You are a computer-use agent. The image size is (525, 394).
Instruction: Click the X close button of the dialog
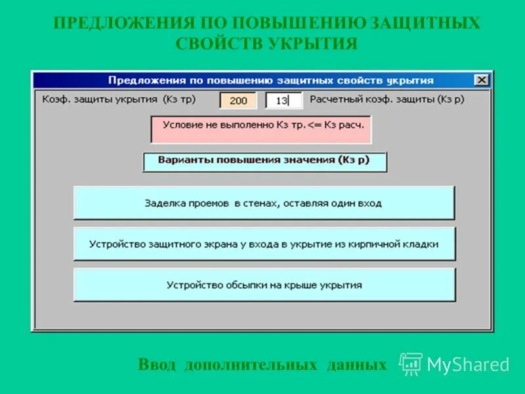point(482,80)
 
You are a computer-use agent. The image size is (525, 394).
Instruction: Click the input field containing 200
point(238,100)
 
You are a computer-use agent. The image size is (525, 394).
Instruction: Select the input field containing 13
point(283,100)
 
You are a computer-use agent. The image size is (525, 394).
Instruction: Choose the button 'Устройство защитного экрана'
point(264,244)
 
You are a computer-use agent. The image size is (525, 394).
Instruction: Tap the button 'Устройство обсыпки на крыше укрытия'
point(264,285)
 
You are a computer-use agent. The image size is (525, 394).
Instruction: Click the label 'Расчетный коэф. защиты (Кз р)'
point(378,100)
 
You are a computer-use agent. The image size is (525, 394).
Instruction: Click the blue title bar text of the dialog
point(270,80)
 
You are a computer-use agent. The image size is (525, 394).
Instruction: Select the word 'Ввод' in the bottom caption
point(157,365)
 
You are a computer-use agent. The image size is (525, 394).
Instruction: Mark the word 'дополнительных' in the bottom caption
point(251,365)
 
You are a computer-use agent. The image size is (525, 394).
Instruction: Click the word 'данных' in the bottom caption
point(356,365)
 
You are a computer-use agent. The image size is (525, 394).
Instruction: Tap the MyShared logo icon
point(411,364)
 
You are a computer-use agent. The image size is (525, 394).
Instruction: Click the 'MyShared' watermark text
point(468,365)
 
